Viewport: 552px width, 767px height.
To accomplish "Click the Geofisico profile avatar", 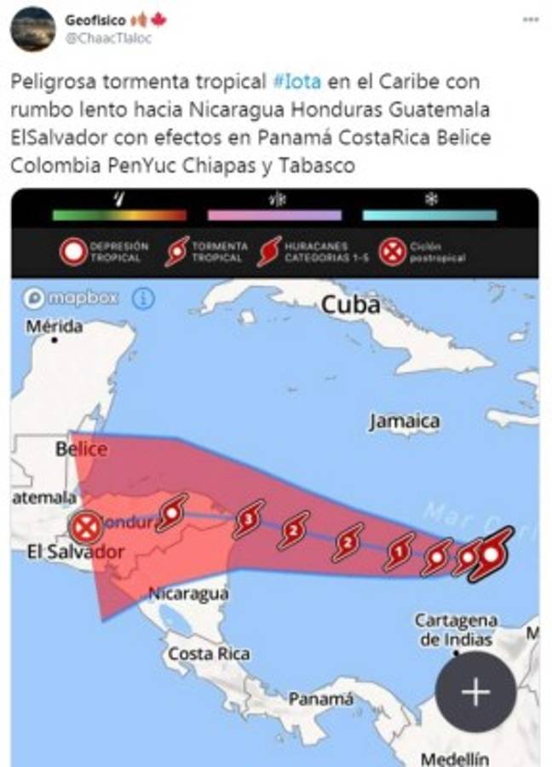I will point(32,29).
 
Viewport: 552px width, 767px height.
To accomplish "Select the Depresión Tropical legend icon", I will point(74,252).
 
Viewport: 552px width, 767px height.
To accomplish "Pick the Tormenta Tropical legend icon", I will point(177,252).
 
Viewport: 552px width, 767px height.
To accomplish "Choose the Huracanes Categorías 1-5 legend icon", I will point(269,252).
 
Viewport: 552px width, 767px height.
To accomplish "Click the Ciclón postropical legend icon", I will point(392,252).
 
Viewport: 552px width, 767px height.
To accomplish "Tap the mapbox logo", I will point(72,298).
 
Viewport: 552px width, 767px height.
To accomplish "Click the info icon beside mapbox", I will point(143,298).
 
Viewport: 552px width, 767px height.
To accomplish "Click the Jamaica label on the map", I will point(405,421).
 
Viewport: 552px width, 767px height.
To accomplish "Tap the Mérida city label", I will point(54,326).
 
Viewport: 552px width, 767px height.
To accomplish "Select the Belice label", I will point(81,449).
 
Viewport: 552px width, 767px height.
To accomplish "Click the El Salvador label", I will point(75,552).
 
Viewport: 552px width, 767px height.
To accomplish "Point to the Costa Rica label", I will point(209,654).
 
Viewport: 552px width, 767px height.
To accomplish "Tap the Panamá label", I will point(319,699).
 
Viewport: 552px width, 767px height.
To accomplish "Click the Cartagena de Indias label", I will point(456,630).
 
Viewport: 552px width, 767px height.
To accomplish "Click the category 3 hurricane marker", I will point(249,517).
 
